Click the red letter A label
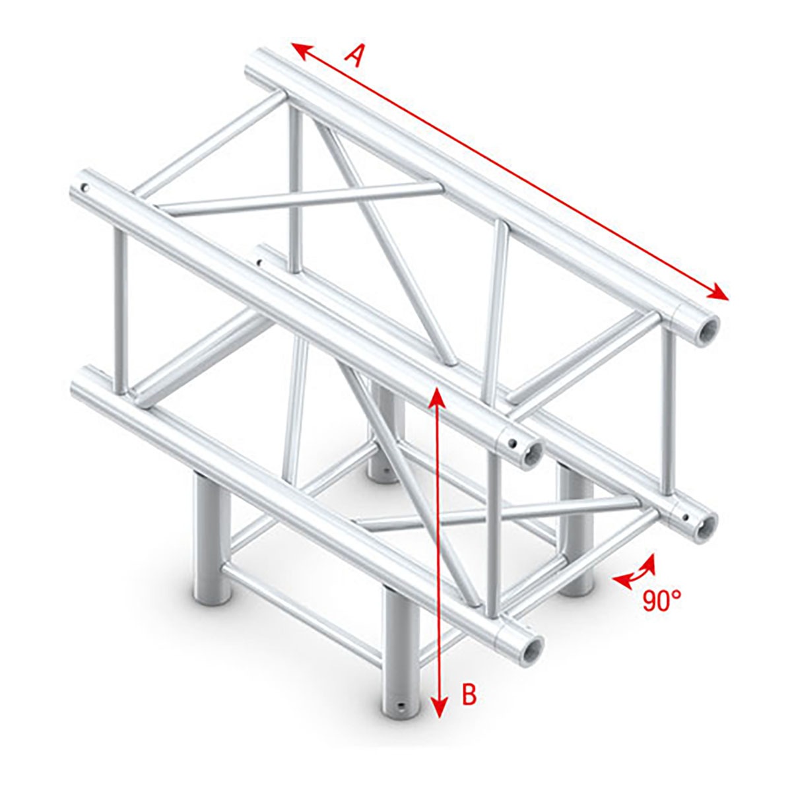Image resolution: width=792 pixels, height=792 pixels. (x=355, y=55)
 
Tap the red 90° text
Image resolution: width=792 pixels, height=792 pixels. (x=662, y=600)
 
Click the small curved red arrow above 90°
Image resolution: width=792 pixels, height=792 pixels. (x=635, y=571)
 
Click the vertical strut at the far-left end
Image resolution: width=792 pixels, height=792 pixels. (x=119, y=310)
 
